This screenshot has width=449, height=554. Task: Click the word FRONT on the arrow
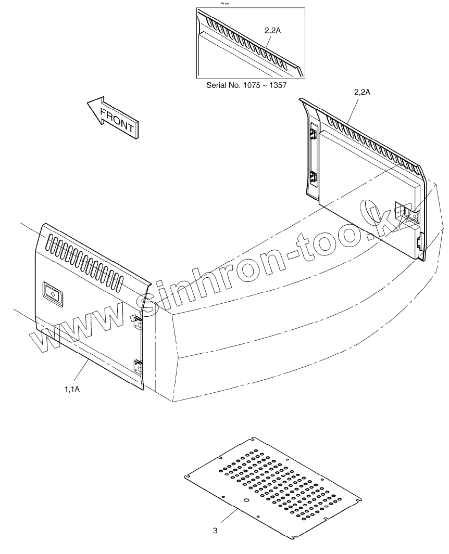[118, 120]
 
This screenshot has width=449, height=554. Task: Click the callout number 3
[215, 531]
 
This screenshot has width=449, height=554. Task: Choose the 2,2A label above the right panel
[362, 92]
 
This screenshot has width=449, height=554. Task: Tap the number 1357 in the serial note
[278, 85]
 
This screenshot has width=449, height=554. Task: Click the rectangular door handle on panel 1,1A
[53, 293]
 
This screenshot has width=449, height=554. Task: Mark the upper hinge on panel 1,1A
[138, 322]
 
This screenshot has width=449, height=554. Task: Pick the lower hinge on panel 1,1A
[138, 366]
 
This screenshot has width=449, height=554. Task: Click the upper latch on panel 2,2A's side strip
[313, 134]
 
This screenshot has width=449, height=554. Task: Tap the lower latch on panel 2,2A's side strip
[314, 177]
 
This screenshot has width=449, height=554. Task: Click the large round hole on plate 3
[247, 500]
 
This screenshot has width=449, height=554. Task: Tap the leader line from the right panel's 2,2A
[351, 111]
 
